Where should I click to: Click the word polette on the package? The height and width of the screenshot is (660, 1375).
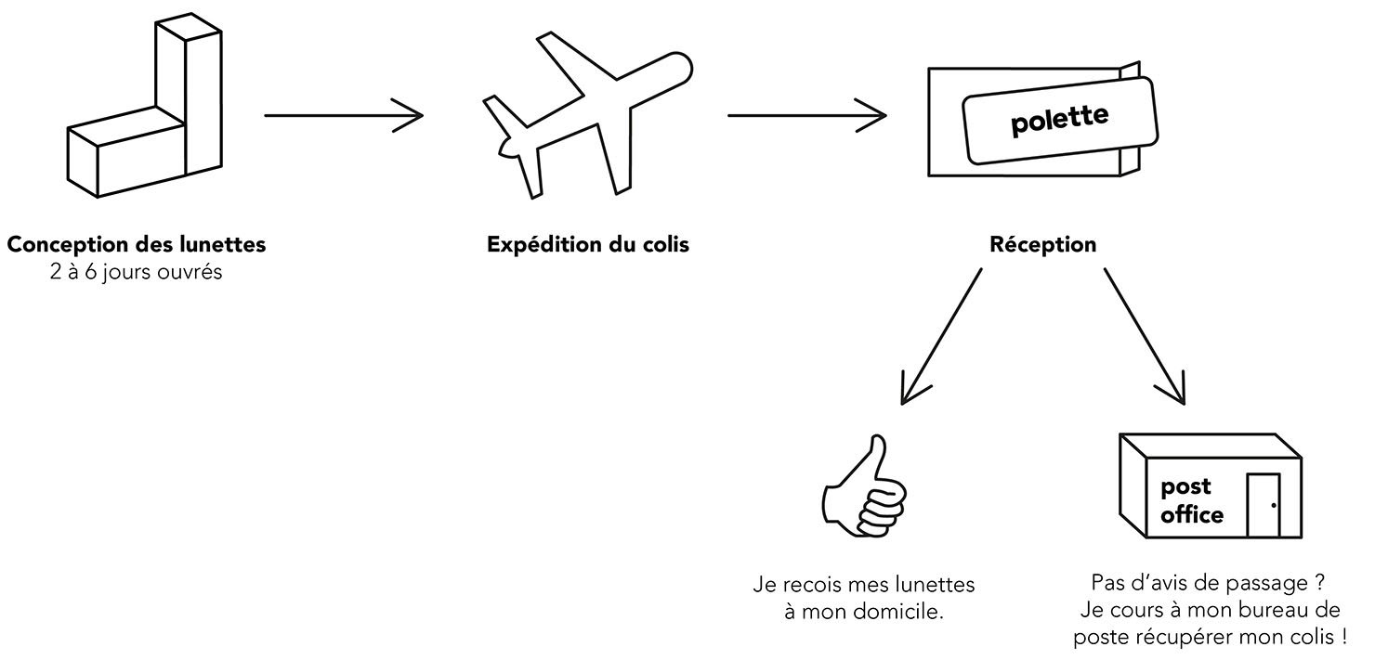click(1059, 120)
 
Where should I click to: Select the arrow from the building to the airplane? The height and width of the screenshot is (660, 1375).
click(344, 115)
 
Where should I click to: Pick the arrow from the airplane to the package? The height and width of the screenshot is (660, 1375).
click(807, 115)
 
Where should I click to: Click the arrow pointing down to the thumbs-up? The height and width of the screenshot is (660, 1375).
click(941, 336)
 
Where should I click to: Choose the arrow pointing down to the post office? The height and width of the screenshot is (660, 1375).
click(1145, 336)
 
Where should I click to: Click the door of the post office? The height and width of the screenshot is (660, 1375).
click(1264, 505)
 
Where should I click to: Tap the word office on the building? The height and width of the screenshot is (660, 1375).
click(1192, 514)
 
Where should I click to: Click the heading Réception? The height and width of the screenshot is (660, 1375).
click(1043, 244)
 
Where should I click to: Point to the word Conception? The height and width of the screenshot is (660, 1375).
click(68, 244)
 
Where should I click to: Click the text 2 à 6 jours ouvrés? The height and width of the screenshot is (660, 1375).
click(136, 272)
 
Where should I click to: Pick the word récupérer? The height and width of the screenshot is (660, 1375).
click(1185, 638)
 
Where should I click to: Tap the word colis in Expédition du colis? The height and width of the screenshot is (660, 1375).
click(665, 244)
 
